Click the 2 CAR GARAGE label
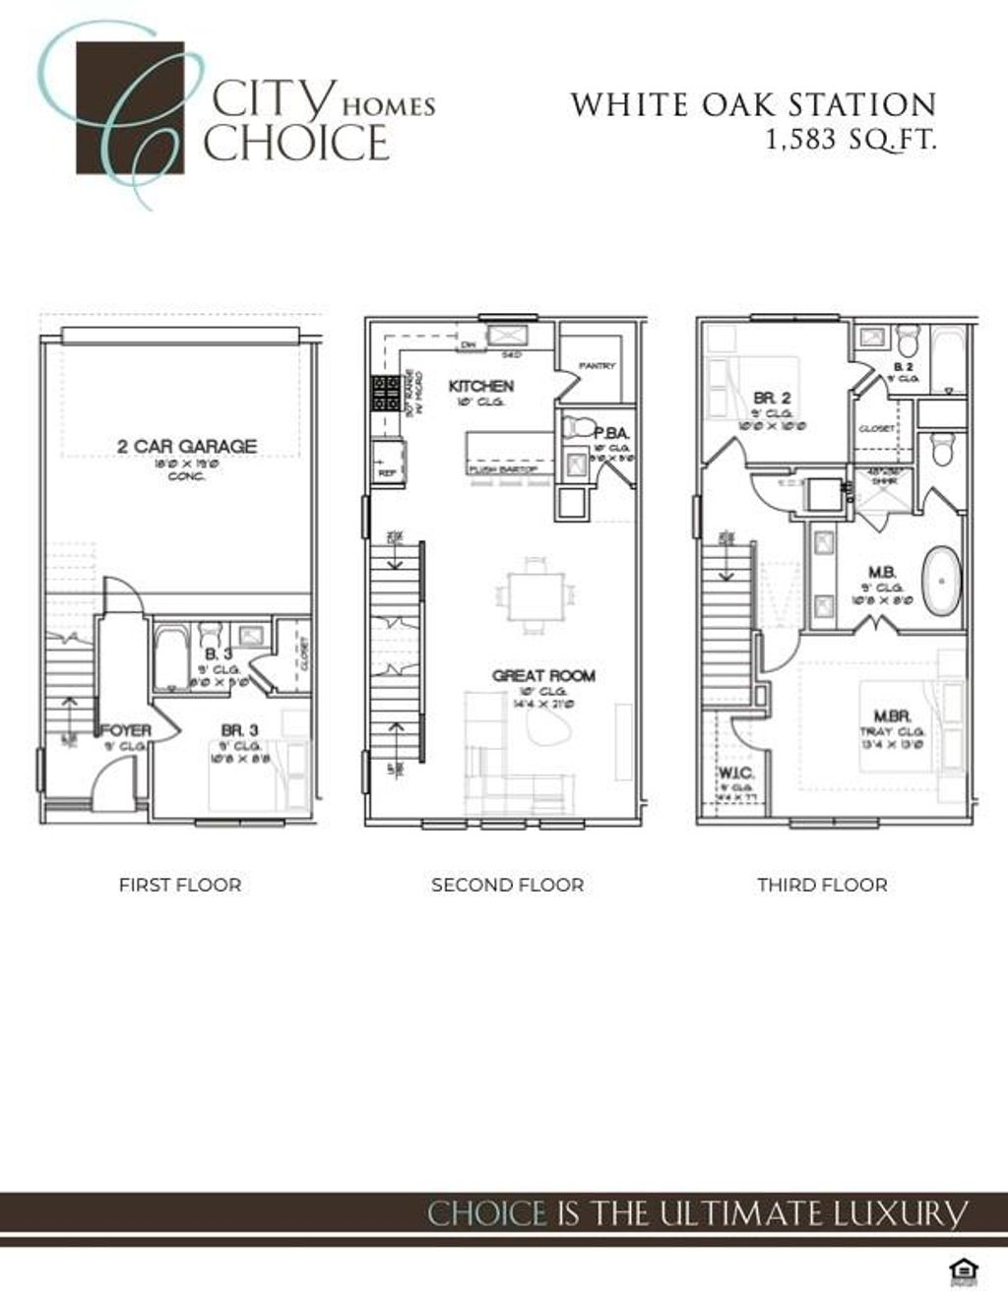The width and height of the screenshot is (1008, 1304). [187, 446]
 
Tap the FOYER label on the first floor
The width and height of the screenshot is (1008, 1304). [126, 730]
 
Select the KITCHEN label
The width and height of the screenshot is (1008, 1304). [480, 386]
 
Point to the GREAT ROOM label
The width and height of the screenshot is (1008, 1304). [543, 675]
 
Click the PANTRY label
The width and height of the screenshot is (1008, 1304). [597, 366]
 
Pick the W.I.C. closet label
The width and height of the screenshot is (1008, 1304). [735, 773]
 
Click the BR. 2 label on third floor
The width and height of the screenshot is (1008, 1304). [773, 399]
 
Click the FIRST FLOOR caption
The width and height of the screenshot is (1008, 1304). [180, 885]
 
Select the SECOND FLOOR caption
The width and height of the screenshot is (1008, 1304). [507, 885]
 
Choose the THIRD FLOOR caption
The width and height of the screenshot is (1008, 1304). [822, 885]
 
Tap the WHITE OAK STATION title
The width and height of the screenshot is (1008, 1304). [753, 104]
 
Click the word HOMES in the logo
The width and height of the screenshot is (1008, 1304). [388, 106]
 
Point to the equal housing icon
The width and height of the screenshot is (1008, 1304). [961, 1272]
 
